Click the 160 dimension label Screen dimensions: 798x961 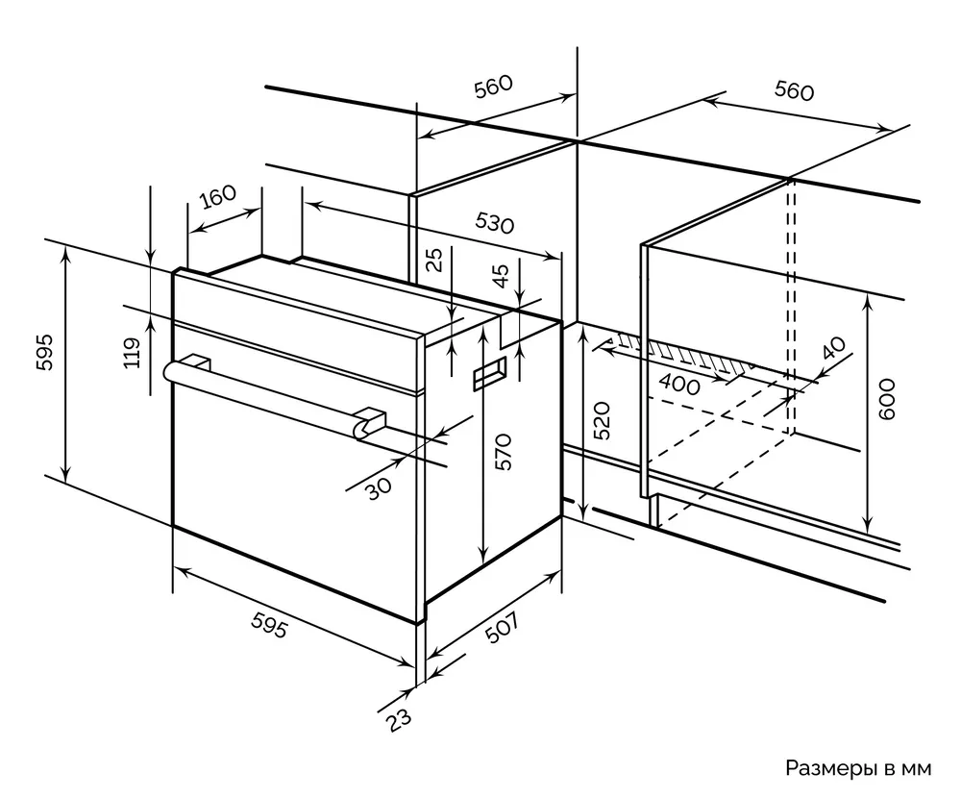coord(217,198)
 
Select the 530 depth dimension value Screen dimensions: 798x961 coord(495,223)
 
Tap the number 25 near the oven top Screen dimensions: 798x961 coord(435,260)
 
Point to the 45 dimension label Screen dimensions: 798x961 coord(501,276)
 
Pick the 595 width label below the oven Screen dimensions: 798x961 coord(268,627)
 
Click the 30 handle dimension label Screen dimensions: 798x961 coord(380,487)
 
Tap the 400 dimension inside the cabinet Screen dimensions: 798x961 coord(679,381)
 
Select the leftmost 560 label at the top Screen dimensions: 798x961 coord(494,87)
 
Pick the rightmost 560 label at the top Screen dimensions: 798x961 coord(794,90)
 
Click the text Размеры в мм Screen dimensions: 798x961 coord(858,768)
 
